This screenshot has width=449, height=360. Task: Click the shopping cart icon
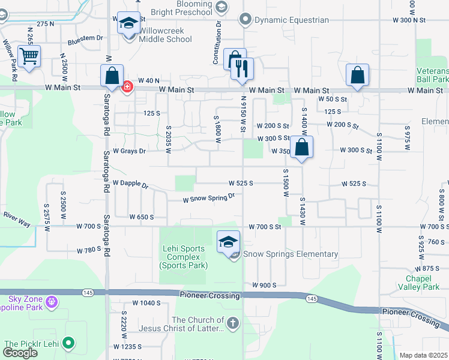pyautogui.click(x=29, y=57)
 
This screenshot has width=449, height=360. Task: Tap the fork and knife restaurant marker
pyautogui.click(x=243, y=69)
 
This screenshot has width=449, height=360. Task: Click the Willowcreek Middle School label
pyautogui.click(x=166, y=35)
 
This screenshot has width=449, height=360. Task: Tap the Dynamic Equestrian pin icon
pyautogui.click(x=245, y=20)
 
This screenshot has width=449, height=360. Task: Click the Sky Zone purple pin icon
pyautogui.click(x=52, y=300)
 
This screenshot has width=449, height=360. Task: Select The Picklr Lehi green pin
pyautogui.click(x=70, y=343)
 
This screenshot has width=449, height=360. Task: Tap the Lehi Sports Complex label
pyautogui.click(x=184, y=257)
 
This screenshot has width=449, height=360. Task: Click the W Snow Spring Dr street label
pyautogui.click(x=208, y=197)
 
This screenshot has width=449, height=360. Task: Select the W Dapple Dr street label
pyautogui.click(x=130, y=184)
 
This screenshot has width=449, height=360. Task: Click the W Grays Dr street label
pyautogui.click(x=129, y=151)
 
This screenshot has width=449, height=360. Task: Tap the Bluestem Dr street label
pyautogui.click(x=85, y=38)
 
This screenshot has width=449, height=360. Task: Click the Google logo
pyautogui.click(x=20, y=352)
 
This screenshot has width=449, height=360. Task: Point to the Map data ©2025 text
pyautogui.click(x=423, y=355)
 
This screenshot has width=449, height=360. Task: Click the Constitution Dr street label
pyautogui.click(x=217, y=44)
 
